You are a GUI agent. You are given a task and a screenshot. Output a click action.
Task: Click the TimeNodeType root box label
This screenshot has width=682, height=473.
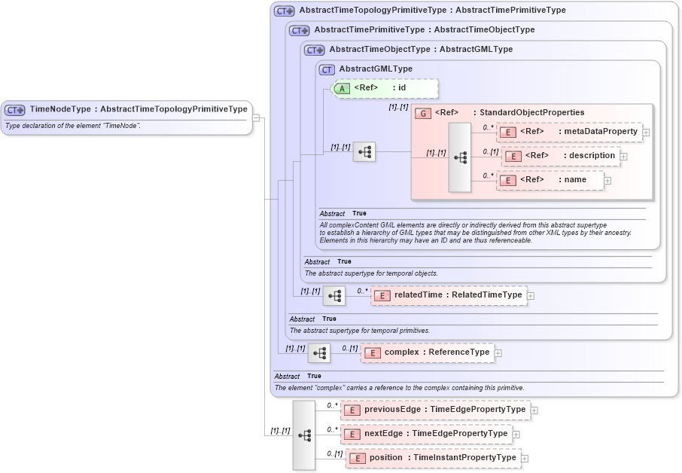click(x=138, y=109)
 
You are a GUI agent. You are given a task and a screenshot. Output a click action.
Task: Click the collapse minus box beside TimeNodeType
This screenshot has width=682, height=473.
click(x=257, y=117)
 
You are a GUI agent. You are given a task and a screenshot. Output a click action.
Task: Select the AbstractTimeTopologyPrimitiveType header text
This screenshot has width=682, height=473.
click(x=432, y=11)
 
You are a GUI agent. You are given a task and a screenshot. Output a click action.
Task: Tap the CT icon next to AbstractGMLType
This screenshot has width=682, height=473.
click(x=327, y=69)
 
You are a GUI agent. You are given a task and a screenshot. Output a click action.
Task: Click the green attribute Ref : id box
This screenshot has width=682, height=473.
click(x=385, y=88)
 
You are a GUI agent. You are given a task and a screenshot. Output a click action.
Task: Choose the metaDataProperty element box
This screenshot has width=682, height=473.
click(x=570, y=132)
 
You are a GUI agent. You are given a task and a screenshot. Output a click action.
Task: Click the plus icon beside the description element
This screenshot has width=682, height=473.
click(x=624, y=157)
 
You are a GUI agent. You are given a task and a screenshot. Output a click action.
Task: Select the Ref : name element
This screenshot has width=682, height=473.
click(x=550, y=180)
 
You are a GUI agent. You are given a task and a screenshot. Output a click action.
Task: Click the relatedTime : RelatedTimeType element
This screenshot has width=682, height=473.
click(x=449, y=295)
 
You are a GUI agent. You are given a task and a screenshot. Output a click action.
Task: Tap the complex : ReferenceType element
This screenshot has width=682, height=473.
click(x=428, y=352)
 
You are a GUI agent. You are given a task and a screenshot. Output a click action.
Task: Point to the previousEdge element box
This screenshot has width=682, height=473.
click(x=435, y=410)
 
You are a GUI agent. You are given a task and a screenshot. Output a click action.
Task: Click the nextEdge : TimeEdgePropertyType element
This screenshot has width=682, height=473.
click(x=427, y=434)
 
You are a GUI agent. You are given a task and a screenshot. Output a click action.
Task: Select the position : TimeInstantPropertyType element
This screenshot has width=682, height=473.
click(x=433, y=458)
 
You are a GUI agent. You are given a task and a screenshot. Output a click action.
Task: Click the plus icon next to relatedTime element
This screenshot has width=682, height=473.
click(x=531, y=296)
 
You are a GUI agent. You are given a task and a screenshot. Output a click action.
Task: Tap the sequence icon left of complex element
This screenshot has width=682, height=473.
click(x=320, y=352)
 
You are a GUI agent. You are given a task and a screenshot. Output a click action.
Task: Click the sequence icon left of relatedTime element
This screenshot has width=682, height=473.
click(x=334, y=295)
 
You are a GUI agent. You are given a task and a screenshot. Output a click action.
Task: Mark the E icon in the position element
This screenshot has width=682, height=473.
click(x=357, y=458)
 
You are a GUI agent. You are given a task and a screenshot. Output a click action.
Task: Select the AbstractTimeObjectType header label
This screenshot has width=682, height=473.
click(x=421, y=50)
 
